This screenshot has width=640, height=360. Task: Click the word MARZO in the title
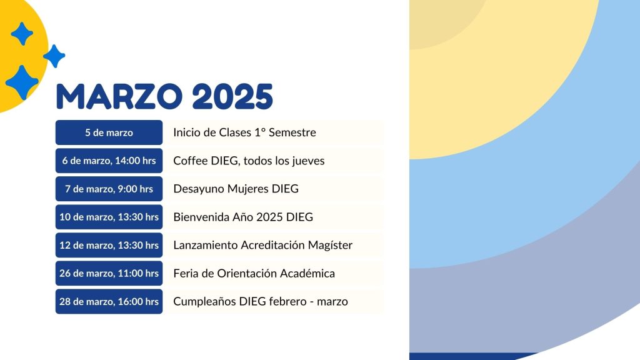(119, 97)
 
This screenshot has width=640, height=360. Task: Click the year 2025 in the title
(232, 97)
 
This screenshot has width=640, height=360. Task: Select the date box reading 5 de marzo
(109, 132)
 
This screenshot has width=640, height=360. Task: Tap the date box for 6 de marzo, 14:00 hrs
(109, 161)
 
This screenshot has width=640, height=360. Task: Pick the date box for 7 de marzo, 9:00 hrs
(109, 189)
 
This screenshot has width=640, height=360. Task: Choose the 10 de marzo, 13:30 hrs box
(109, 217)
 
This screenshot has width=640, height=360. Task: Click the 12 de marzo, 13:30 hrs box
(109, 245)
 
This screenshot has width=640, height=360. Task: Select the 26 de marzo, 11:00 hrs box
(109, 273)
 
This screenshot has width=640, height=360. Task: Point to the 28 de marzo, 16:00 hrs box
(109, 301)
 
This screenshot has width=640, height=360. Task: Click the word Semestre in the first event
(292, 132)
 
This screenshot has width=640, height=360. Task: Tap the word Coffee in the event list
(190, 161)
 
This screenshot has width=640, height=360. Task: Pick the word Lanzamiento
(205, 245)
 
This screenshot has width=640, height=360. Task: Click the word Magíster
(330, 245)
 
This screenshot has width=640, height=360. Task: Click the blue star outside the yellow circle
(54, 56)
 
